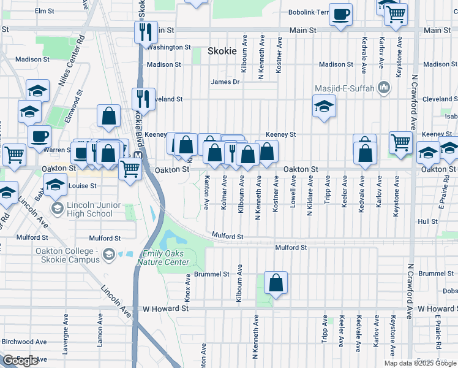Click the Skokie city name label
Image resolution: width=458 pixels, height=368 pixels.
[x=222, y=51]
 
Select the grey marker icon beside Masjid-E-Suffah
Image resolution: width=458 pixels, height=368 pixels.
[x=384, y=88]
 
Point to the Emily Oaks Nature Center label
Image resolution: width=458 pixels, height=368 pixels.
[x=166, y=258]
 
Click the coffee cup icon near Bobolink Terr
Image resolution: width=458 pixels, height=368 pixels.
[x=341, y=14]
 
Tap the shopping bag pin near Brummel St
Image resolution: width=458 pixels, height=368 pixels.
[x=276, y=283]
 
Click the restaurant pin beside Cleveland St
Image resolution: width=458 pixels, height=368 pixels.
[x=143, y=98]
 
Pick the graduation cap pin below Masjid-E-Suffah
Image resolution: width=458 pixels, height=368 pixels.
[x=325, y=107]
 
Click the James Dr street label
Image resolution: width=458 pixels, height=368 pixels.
[x=224, y=82]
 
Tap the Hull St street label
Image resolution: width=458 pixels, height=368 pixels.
[x=427, y=221]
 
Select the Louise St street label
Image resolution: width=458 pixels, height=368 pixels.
[x=83, y=185]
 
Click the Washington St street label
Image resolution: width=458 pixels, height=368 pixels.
[x=169, y=47]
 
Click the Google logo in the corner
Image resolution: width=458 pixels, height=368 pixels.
[x=21, y=361]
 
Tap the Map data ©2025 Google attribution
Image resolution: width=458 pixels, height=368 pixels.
[x=420, y=363]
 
